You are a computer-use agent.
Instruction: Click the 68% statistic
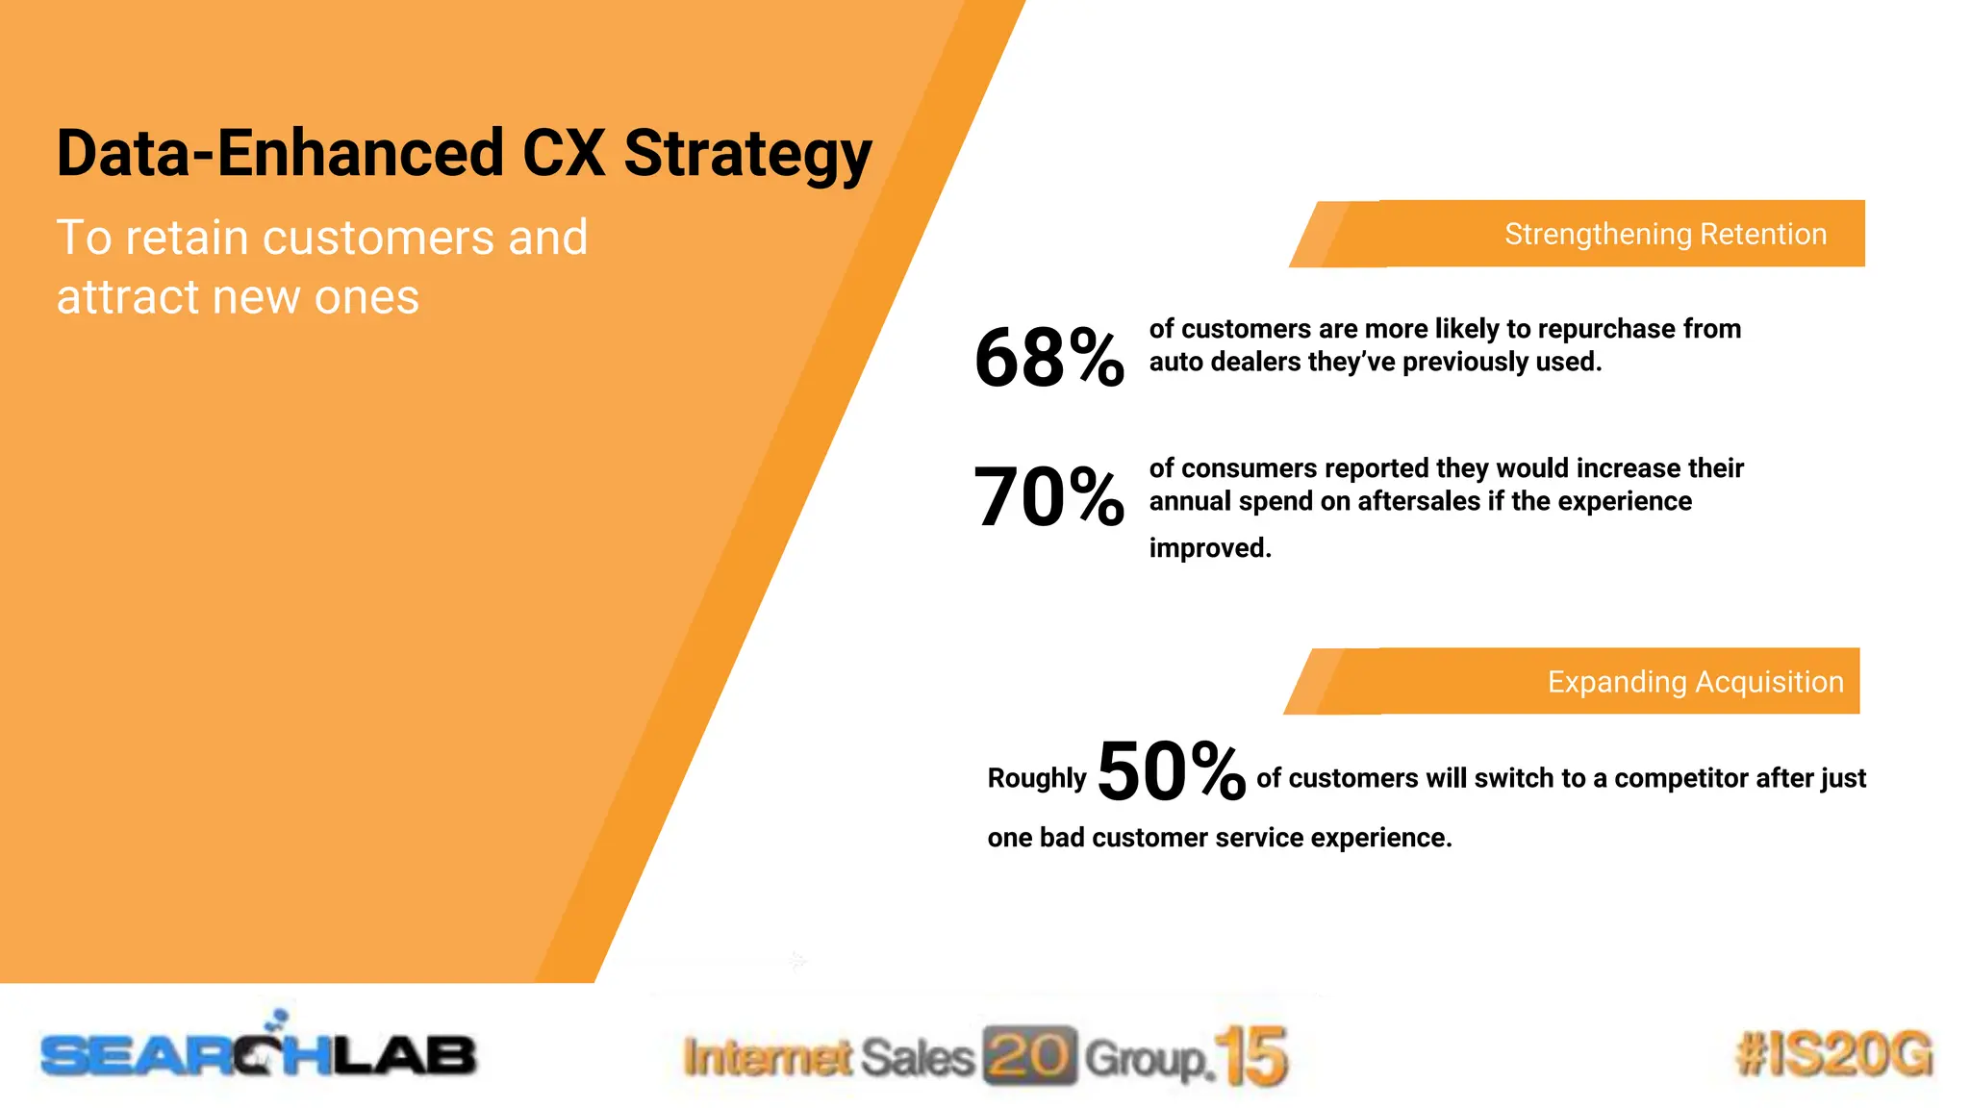pyautogui.click(x=1048, y=358)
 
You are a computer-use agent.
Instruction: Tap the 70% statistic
pyautogui.click(x=1048, y=497)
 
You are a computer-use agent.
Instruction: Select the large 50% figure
pyautogui.click(x=1171, y=771)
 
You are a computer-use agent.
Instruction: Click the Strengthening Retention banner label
pyautogui.click(x=1665, y=234)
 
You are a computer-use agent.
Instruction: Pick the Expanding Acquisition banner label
pyautogui.click(x=1695, y=682)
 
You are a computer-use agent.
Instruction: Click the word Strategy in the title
pyautogui.click(x=747, y=154)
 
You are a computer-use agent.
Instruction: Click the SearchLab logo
pyautogui.click(x=258, y=1052)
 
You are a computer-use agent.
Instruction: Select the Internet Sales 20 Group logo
pyautogui.click(x=983, y=1057)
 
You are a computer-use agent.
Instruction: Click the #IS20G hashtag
pyautogui.click(x=1833, y=1054)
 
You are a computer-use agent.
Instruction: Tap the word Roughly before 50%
pyautogui.click(x=1036, y=778)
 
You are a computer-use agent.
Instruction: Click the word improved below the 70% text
pyautogui.click(x=1210, y=548)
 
